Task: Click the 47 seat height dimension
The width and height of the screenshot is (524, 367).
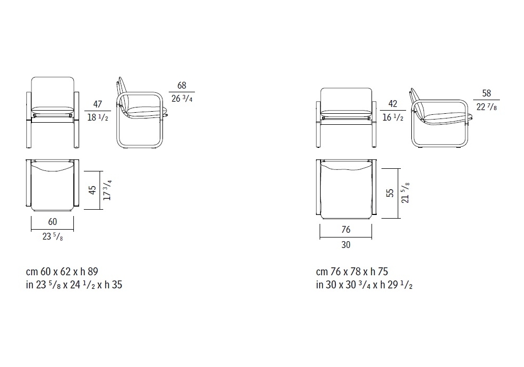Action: click(97, 104)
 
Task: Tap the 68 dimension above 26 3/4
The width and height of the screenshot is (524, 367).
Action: click(182, 85)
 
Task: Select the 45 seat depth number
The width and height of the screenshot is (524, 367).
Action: click(92, 190)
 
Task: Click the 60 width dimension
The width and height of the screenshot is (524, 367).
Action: click(52, 222)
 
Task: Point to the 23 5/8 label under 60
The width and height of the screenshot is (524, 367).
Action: click(52, 236)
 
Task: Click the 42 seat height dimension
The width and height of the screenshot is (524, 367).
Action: click(392, 104)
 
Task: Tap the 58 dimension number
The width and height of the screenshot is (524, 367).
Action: click(487, 93)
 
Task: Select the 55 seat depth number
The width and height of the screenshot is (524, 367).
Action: click(390, 193)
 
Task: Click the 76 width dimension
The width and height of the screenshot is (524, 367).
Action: click(346, 230)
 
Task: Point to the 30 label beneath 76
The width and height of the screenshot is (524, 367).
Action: click(346, 245)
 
